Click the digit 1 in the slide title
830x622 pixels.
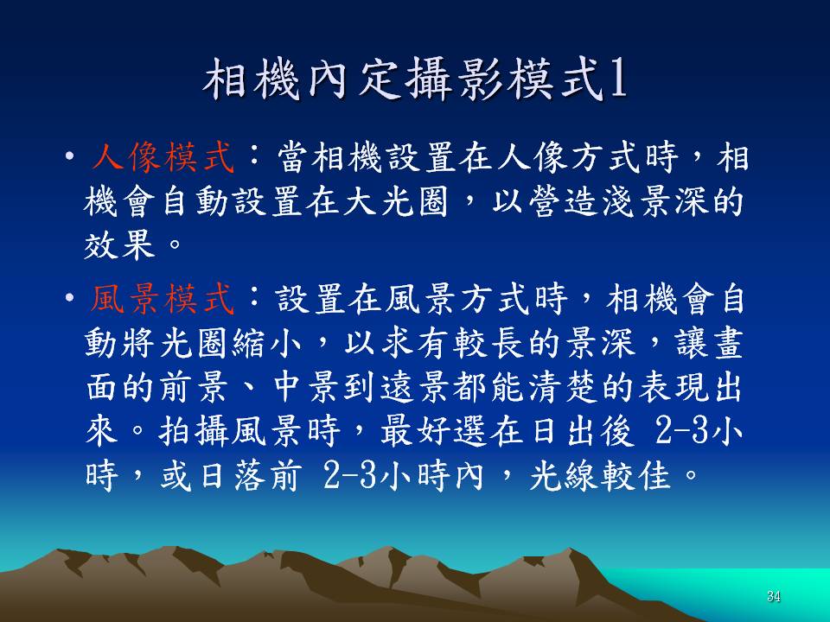[x=617, y=79]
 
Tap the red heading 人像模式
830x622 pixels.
[x=163, y=157]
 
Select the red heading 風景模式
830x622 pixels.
[x=163, y=298]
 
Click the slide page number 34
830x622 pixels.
[x=773, y=597]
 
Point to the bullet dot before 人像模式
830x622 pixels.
[x=69, y=156]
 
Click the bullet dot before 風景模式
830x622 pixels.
[x=69, y=298]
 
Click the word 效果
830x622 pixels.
[x=119, y=244]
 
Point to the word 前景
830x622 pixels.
[x=194, y=387]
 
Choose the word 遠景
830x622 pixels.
[x=416, y=387]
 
